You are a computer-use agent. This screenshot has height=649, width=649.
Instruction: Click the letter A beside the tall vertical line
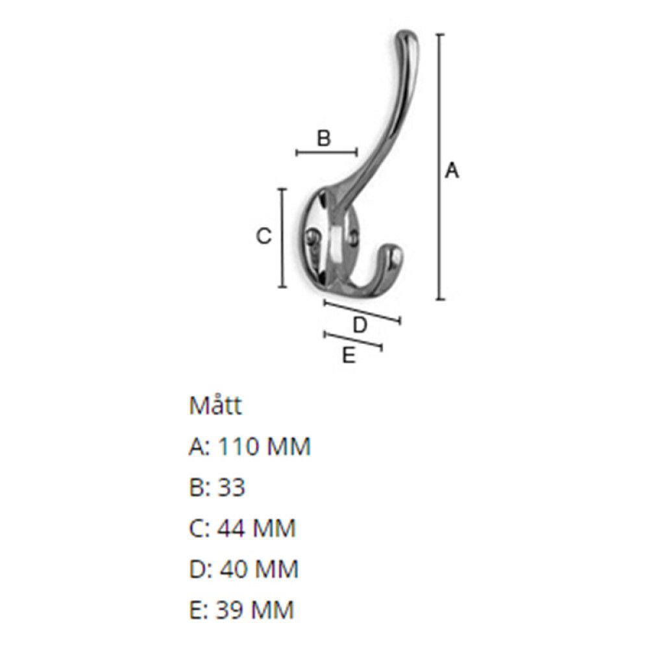(452, 171)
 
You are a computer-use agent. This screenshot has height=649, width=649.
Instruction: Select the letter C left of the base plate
(263, 237)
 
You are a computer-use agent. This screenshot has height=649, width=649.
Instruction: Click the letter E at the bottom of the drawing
(349, 356)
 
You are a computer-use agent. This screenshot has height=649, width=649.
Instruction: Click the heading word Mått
(215, 406)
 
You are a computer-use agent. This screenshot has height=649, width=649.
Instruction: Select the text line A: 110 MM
(250, 447)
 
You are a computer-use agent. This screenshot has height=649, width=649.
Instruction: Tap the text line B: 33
(217, 487)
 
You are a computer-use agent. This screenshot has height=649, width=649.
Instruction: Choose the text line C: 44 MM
(242, 528)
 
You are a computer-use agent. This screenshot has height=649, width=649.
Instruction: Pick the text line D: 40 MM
(243, 569)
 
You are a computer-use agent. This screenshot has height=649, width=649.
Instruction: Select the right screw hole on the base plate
(354, 238)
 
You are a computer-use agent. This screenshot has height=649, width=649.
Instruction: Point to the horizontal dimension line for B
(326, 153)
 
